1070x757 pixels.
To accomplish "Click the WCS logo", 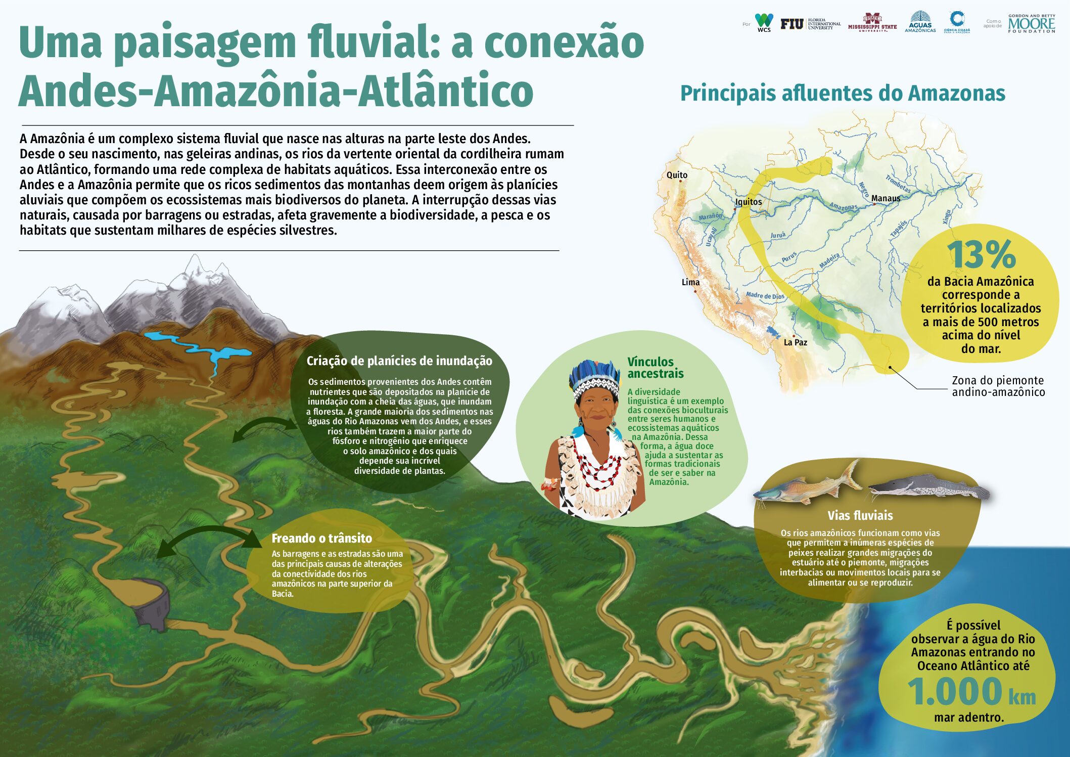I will (764, 23).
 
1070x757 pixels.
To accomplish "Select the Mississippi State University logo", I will (872, 23).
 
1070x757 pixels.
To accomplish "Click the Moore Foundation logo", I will (1032, 24).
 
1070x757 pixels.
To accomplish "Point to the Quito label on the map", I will (677, 175).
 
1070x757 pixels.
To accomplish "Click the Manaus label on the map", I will (886, 198).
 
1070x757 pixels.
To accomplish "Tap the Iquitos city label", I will (749, 202).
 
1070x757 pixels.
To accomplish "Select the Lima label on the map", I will (690, 282).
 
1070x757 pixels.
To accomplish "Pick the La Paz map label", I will (795, 342).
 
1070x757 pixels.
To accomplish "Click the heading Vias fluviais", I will (860, 516).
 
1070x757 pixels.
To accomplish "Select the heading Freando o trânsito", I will (322, 538).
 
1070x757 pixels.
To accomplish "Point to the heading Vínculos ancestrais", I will (656, 368).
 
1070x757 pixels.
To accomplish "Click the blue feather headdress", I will (594, 374).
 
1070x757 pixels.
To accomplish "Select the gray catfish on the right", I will (929, 486).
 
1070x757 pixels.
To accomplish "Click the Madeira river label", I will (829, 260).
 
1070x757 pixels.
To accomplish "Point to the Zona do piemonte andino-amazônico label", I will (998, 386).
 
